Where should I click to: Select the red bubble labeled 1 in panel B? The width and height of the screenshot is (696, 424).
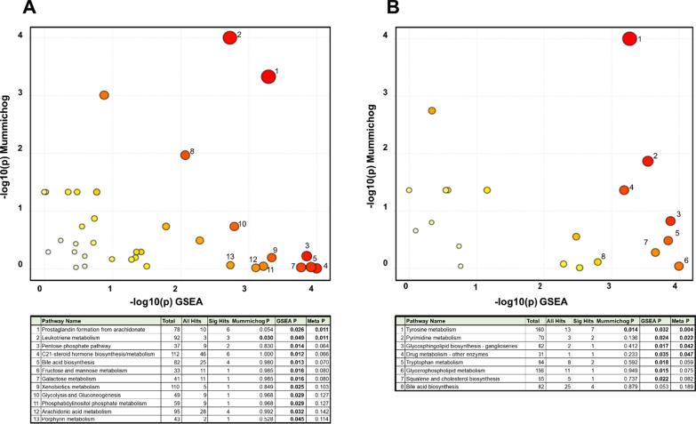pos(629,38)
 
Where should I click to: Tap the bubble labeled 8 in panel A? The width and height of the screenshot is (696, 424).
pos(185,155)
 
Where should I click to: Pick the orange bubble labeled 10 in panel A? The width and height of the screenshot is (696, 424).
pos(234,227)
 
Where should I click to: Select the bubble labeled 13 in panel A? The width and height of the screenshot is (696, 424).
pos(230,265)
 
